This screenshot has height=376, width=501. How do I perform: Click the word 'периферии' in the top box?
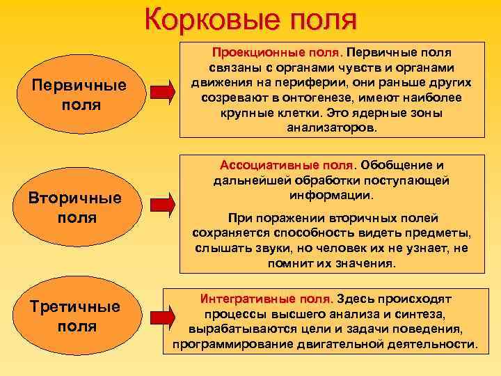tap(297, 83)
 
